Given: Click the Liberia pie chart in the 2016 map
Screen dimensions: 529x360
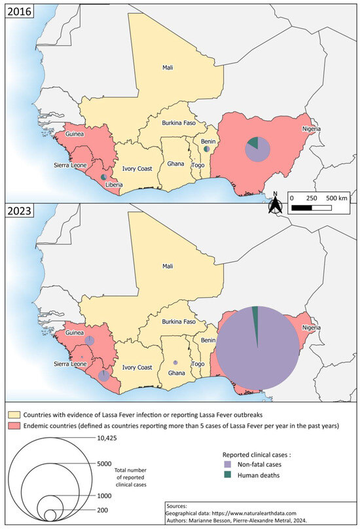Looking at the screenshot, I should point(103,177).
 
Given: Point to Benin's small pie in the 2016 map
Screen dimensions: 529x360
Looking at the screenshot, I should point(206,149).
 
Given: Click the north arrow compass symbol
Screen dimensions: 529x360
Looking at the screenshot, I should point(277,204).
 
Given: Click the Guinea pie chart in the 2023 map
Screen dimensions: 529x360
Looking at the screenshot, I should point(90,340).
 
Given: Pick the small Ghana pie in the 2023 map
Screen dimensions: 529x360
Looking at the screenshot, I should point(175,362).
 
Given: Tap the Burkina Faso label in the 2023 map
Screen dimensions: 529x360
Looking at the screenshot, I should point(171,321).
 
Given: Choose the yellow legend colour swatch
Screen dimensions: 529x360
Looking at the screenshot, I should point(13,415).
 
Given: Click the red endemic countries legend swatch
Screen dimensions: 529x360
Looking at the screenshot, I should point(13,426).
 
